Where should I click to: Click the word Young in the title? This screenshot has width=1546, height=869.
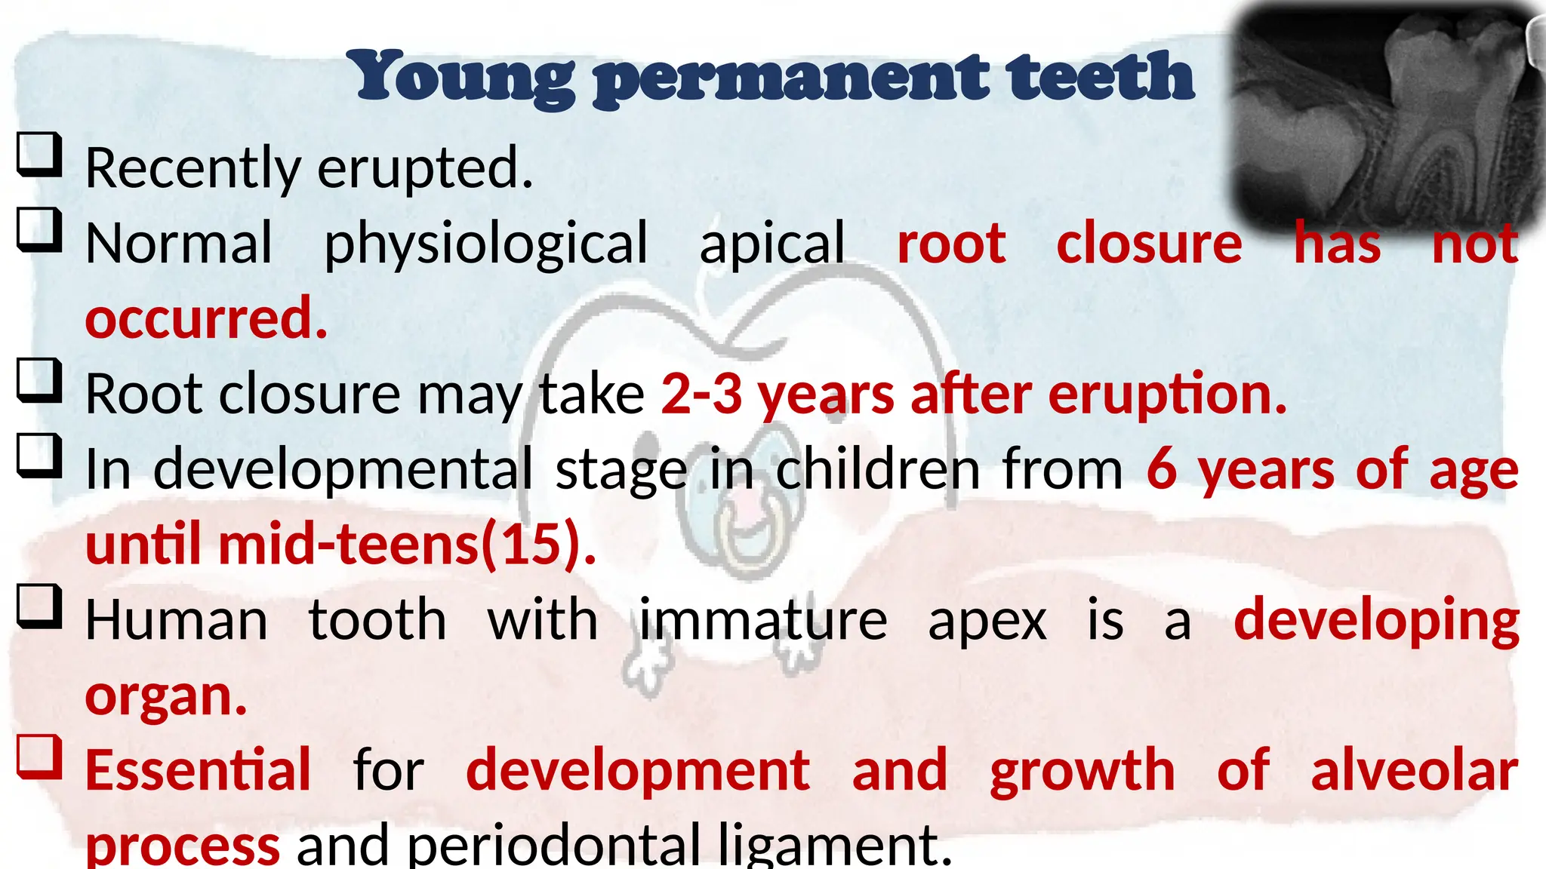(x=461, y=78)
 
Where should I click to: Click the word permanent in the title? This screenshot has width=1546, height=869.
(x=790, y=78)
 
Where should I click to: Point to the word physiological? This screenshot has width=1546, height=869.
(x=485, y=244)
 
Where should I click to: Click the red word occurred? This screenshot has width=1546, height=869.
(x=206, y=318)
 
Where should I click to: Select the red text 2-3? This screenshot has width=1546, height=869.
(x=701, y=394)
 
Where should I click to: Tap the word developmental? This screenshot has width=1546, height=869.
(x=343, y=469)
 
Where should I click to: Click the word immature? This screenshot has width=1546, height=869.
(x=763, y=620)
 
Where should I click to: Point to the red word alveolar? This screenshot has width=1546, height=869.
(x=1414, y=771)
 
